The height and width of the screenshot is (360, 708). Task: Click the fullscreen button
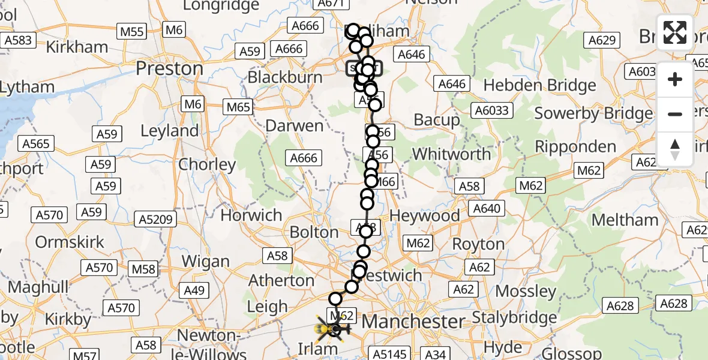point(675,32)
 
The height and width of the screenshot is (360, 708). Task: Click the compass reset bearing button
point(675,149)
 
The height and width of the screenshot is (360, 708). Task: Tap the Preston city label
point(169,68)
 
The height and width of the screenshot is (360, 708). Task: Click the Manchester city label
point(413,321)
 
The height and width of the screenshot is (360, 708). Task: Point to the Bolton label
point(314,232)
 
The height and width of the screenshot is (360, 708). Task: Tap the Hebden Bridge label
point(539,85)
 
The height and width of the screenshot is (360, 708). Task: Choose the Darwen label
point(294,127)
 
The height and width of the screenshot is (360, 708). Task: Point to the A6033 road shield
point(491,110)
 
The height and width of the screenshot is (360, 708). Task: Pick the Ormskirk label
point(70,242)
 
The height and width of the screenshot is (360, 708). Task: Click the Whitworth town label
point(451,154)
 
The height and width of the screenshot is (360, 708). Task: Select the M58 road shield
point(143,268)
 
